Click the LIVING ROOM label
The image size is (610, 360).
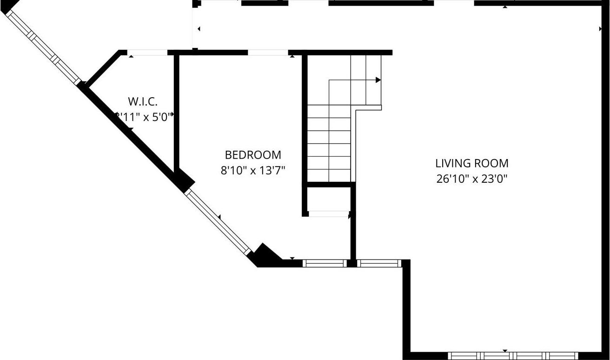click(x=471, y=163)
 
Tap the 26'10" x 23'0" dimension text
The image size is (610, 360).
click(x=471, y=179)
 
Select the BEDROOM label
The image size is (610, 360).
click(x=253, y=155)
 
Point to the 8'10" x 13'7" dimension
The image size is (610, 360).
click(x=252, y=171)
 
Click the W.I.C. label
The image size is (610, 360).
click(x=143, y=101)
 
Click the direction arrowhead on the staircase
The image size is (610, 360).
click(x=378, y=80)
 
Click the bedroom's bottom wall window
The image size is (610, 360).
click(x=325, y=263)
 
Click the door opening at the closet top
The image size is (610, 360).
click(x=147, y=53)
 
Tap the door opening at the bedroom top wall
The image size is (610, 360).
click(x=268, y=52)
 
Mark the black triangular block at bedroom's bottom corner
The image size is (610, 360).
click(x=265, y=255)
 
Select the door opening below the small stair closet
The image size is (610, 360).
click(x=328, y=214)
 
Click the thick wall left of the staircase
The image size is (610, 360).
click(x=305, y=121)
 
